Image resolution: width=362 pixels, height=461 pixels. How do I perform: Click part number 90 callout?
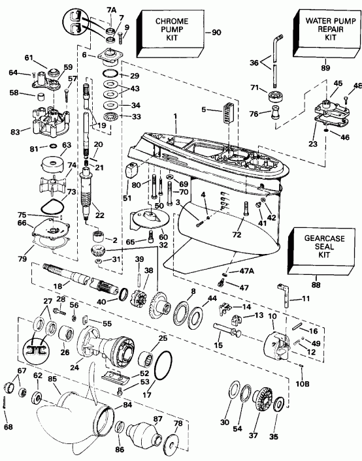click(216, 32)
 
